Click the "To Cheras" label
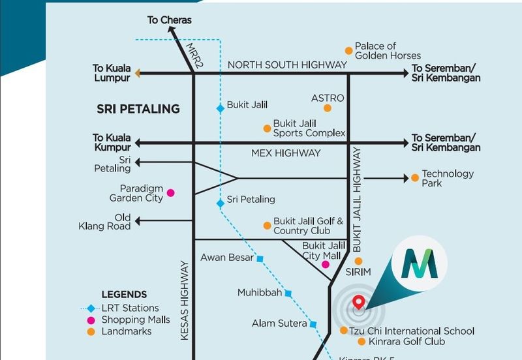click(x=170, y=20)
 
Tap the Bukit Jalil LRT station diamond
click(x=221, y=108)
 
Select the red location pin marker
click(x=358, y=302)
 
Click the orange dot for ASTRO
click(x=328, y=108)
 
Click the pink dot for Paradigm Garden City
click(x=171, y=192)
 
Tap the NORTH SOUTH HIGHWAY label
click(x=287, y=65)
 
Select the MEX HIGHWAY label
click(x=286, y=153)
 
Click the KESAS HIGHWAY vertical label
click(x=185, y=301)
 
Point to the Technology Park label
click(x=448, y=178)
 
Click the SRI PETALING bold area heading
click(x=138, y=109)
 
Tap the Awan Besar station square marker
click(x=260, y=260)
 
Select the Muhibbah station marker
click(x=288, y=293)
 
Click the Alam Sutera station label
click(x=279, y=323)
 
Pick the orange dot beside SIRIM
click(x=358, y=261)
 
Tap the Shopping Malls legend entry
click(x=136, y=320)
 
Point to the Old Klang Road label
click(x=114, y=222)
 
